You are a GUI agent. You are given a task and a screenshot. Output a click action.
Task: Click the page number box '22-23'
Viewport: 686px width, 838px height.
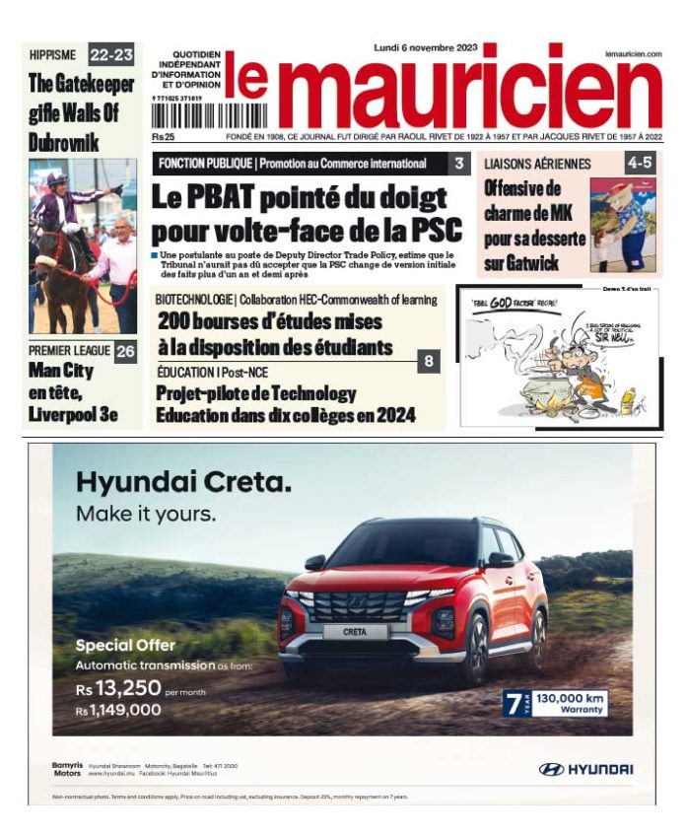pyautogui.click(x=111, y=53)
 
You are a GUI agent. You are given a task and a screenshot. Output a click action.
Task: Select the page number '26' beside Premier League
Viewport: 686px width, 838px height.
pyautogui.click(x=125, y=351)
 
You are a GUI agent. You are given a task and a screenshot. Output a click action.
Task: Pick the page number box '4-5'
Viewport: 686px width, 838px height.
pyautogui.click(x=639, y=164)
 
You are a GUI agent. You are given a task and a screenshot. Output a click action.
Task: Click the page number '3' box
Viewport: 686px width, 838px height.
pyautogui.click(x=459, y=164)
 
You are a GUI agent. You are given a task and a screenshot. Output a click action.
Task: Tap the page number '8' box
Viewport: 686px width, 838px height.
pyautogui.click(x=429, y=362)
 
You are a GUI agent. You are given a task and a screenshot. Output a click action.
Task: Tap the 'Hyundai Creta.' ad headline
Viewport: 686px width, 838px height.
pyautogui.click(x=183, y=483)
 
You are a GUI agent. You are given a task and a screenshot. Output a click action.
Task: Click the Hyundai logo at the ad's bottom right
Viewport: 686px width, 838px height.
pyautogui.click(x=585, y=769)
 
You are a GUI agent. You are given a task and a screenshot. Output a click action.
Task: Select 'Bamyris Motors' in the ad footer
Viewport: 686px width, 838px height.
pyautogui.click(x=66, y=769)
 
